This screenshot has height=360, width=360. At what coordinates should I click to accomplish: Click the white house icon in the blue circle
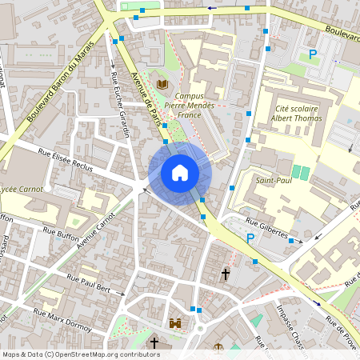[x=180, y=172]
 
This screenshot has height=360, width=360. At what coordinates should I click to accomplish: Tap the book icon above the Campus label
[x=162, y=84]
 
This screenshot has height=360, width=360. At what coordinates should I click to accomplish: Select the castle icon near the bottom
[x=175, y=325]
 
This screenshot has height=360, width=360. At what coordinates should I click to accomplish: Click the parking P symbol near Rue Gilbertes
[x=250, y=238]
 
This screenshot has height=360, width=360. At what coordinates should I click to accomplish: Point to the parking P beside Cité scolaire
[x=313, y=54]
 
